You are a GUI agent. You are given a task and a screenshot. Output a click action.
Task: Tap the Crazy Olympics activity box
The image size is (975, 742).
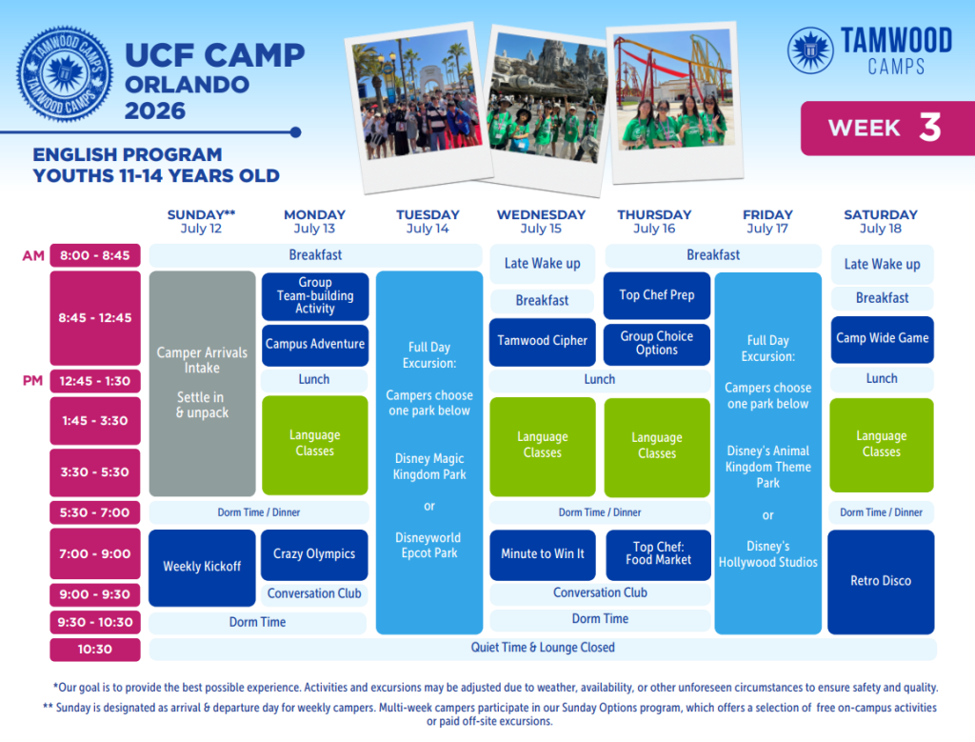click(314, 554)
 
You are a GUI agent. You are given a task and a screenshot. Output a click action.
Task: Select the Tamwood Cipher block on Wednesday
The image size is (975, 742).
click(542, 341)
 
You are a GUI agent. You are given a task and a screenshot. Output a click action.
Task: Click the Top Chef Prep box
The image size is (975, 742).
click(657, 295)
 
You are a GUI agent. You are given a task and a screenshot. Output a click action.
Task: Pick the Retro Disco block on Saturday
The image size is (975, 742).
click(881, 582)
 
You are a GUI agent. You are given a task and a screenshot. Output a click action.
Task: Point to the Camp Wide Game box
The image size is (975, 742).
click(883, 339)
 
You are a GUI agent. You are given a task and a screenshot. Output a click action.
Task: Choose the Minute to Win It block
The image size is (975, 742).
click(543, 554)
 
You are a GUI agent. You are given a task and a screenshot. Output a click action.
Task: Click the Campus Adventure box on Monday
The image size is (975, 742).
click(315, 345)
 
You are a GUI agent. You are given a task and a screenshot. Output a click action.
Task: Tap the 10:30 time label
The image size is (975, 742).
click(95, 650)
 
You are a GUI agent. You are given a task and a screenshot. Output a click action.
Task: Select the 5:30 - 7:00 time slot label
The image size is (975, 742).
click(95, 512)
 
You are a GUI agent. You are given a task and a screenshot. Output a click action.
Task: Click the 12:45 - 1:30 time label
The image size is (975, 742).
click(95, 381)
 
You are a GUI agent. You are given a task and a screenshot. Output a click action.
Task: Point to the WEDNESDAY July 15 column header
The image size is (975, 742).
click(541, 221)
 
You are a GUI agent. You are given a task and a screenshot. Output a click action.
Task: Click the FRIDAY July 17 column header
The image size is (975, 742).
click(768, 221)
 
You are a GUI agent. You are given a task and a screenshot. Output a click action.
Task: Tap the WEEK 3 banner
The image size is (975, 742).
click(887, 129)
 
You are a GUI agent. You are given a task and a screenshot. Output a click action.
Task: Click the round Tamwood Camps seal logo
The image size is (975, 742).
click(65, 73)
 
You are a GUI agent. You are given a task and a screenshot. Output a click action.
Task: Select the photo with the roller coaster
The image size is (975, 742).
click(676, 103)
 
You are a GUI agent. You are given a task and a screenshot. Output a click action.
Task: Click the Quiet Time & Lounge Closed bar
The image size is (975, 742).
click(543, 648)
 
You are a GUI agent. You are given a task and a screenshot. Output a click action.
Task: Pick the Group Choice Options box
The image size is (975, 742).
click(657, 344)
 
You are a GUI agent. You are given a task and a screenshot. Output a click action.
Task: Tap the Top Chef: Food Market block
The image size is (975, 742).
click(659, 554)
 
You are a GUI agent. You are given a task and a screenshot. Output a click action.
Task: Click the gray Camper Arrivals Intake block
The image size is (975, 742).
click(202, 383)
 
